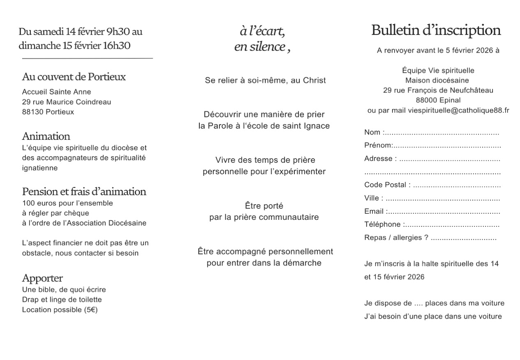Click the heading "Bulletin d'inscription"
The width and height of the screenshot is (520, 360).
436,30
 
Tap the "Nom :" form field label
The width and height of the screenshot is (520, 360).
374,132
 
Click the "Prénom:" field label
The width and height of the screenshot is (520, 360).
379,145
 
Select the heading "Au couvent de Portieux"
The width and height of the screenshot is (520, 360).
74,77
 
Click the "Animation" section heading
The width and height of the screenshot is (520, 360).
46,136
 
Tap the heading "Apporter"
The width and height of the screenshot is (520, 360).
42,278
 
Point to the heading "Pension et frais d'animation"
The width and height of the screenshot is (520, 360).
84,192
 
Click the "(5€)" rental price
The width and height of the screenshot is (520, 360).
90,309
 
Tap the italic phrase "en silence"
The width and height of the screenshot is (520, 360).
260,47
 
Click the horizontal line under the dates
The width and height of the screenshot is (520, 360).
87,59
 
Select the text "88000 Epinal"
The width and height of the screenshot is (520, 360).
438,100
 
